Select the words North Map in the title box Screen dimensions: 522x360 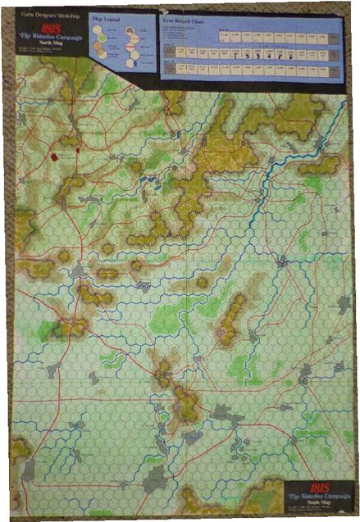tap(45, 48)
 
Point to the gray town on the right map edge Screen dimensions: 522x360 tap(344, 304)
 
